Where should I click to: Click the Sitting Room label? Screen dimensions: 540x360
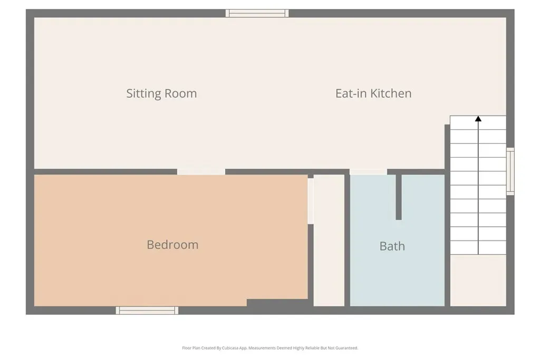click(x=161, y=94)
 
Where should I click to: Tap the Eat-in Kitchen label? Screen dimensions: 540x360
click(x=373, y=93)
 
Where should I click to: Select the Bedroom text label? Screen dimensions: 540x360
click(x=172, y=245)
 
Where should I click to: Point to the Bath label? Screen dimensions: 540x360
click(x=392, y=246)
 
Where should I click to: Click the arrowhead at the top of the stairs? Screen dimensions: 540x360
click(x=478, y=119)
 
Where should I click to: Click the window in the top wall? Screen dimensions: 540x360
click(x=257, y=13)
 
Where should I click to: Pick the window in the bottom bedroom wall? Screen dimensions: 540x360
click(x=147, y=310)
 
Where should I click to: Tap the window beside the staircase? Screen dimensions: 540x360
click(x=510, y=171)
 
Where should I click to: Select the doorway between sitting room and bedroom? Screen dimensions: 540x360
click(x=201, y=172)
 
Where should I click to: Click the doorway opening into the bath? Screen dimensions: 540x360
click(x=369, y=172)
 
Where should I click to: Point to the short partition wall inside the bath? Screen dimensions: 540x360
click(x=399, y=197)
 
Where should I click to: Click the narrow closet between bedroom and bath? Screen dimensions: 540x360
click(x=329, y=240)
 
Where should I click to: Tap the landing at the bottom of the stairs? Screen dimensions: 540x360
click(x=478, y=280)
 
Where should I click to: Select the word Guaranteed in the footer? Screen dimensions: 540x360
click(x=347, y=348)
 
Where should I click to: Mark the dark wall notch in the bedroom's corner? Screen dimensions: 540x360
click(x=277, y=303)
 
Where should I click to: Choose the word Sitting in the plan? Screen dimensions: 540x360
click(x=143, y=94)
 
